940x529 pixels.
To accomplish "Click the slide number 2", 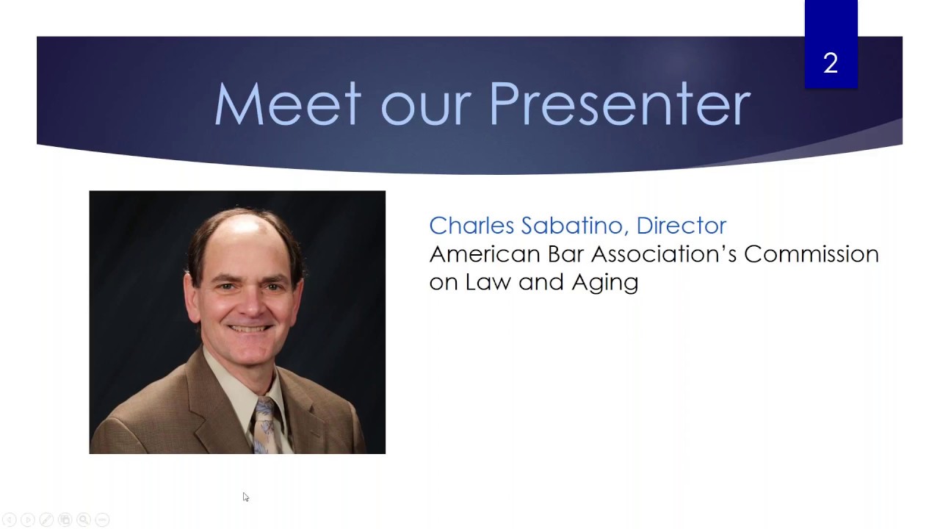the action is (831, 63).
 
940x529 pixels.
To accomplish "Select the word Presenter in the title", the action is (620, 104).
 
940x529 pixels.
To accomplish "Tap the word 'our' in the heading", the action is (425, 110).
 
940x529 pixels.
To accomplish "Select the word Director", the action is (681, 225).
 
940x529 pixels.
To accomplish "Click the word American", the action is (484, 254).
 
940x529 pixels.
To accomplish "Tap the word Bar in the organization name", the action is (565, 254).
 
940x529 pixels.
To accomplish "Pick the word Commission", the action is (811, 254).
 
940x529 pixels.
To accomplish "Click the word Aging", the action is (605, 283).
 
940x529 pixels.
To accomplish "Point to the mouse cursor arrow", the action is (245, 497).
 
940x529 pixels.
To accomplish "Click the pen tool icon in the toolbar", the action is (46, 519).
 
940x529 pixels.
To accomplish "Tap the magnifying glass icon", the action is (84, 519).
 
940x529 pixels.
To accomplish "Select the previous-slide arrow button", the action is (10, 519).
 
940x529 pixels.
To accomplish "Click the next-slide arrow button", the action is (28, 519).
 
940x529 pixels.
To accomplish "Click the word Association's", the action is (663, 254).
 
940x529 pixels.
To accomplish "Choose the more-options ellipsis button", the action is (102, 519).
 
